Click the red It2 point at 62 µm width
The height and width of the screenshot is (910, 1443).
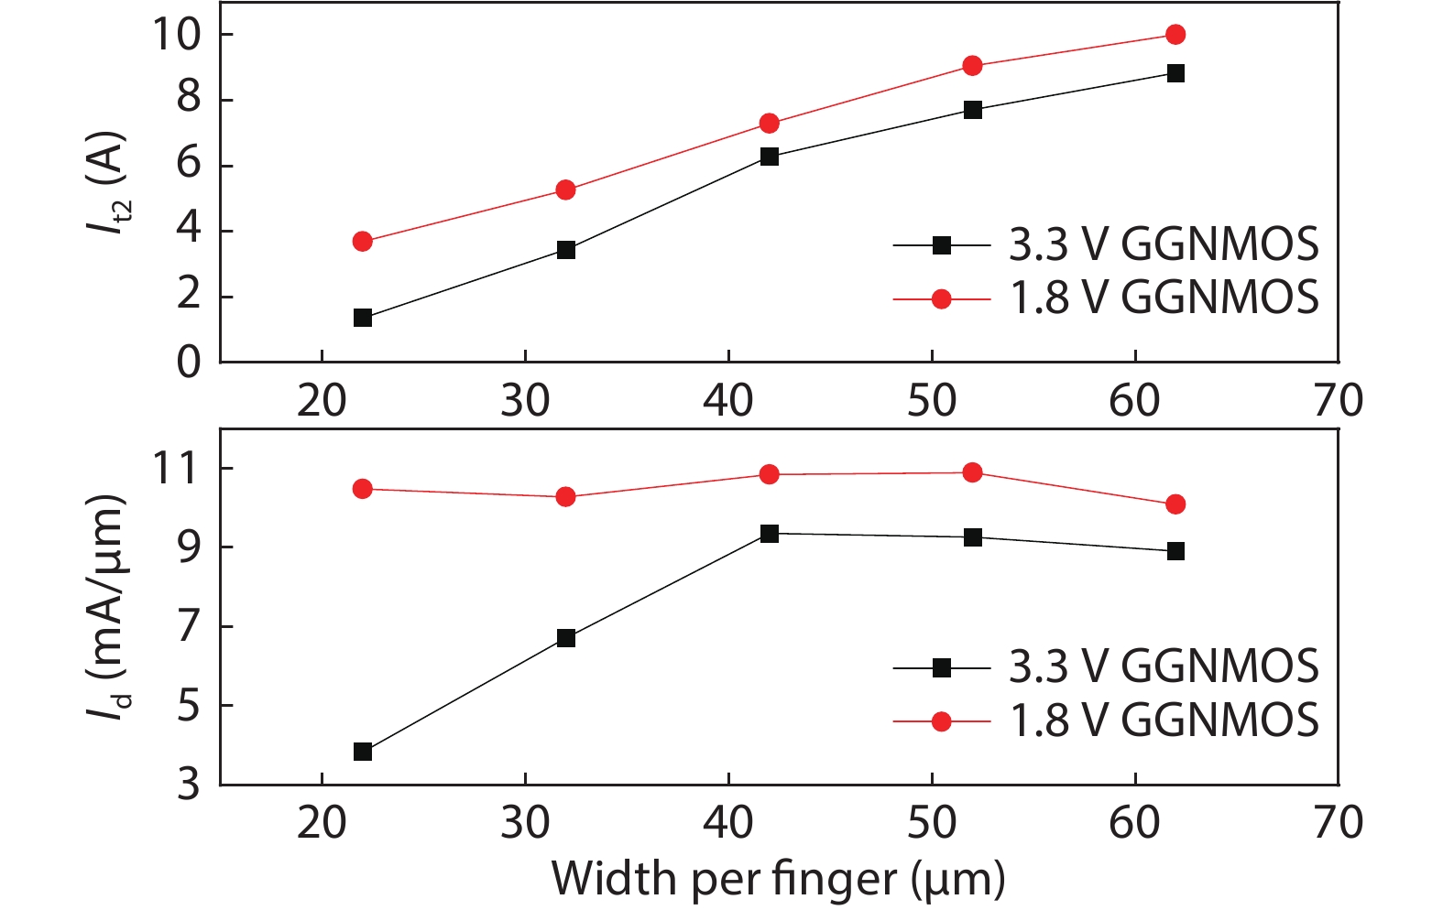(x=1175, y=35)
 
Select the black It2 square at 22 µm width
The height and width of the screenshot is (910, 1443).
(x=363, y=318)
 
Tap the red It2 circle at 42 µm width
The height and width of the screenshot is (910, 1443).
(x=770, y=124)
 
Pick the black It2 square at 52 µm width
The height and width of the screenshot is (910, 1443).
(x=973, y=110)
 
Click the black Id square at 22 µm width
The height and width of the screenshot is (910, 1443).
(x=363, y=752)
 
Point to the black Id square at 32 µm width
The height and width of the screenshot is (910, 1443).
(x=566, y=638)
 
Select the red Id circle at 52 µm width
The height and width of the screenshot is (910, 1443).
(x=973, y=472)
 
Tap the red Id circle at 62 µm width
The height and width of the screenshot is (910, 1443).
(x=1175, y=504)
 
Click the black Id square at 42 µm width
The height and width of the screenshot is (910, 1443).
(x=770, y=534)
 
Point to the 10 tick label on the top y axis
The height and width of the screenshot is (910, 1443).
(x=176, y=35)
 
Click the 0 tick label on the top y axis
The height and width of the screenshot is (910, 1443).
(x=188, y=363)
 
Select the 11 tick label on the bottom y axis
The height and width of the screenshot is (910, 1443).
(x=176, y=469)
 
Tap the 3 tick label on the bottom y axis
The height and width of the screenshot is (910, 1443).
(x=188, y=785)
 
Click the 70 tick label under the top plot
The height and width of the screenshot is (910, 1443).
(x=1338, y=401)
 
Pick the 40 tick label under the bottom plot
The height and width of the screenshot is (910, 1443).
(x=728, y=823)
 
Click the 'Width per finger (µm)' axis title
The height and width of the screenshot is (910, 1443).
(x=778, y=878)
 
